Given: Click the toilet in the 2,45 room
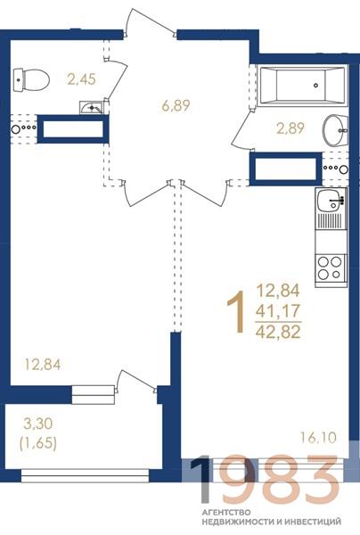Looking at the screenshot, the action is [31, 80].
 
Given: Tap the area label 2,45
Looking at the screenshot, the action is [81, 79].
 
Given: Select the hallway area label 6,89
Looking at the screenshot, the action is [176, 105].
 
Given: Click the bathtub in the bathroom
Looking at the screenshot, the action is [302, 86].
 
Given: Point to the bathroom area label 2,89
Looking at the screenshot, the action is [290, 128].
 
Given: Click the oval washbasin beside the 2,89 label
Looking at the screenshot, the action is [335, 130].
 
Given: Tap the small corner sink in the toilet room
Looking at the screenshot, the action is [91, 107].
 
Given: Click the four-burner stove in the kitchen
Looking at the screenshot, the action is [331, 267].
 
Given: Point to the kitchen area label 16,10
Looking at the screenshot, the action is [318, 438].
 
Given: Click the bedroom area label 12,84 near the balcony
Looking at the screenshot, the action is [43, 365].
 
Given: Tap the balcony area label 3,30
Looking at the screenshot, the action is [37, 424].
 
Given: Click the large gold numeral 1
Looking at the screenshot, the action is [236, 311].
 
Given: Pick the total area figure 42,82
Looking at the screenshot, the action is [278, 332].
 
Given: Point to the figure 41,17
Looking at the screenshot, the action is [278, 311].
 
